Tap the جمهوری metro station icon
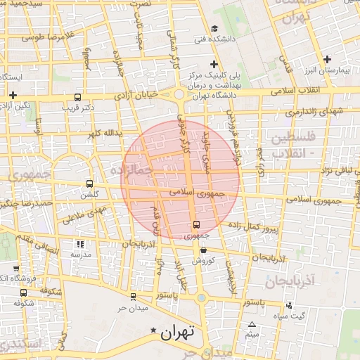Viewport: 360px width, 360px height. pos(195,225)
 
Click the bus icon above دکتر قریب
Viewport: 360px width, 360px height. pos(77,98)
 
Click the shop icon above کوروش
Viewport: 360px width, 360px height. pos(202,250)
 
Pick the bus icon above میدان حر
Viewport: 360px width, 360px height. pos(132,297)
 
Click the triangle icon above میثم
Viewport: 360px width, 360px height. pos(252,324)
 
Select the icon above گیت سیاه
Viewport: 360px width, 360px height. pos(289,305)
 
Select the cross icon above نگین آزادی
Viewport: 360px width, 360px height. pos(13,94)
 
